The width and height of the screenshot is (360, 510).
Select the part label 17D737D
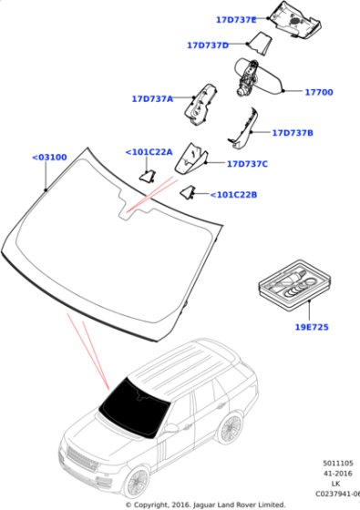tap(208, 45)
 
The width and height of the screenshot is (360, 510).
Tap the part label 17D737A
tap(152, 98)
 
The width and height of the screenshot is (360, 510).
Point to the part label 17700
tap(319, 92)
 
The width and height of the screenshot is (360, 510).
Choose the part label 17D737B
tap(292, 133)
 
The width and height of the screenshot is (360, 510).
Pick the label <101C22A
tap(148, 152)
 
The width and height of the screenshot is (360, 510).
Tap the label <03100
tap(49, 157)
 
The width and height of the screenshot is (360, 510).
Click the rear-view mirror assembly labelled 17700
tap(255, 77)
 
